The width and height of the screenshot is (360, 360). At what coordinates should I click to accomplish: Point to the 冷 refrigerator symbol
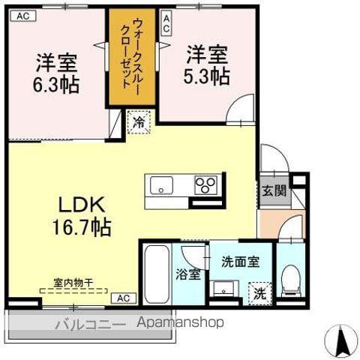point(139,121)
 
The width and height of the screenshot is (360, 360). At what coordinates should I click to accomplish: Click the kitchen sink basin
point(160,184)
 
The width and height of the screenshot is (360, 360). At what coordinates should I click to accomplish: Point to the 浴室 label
point(188,274)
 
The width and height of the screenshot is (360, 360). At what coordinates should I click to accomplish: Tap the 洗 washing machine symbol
point(259,292)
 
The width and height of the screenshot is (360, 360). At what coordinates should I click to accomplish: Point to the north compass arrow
point(343,340)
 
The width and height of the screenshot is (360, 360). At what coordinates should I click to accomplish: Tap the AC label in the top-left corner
point(23,14)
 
